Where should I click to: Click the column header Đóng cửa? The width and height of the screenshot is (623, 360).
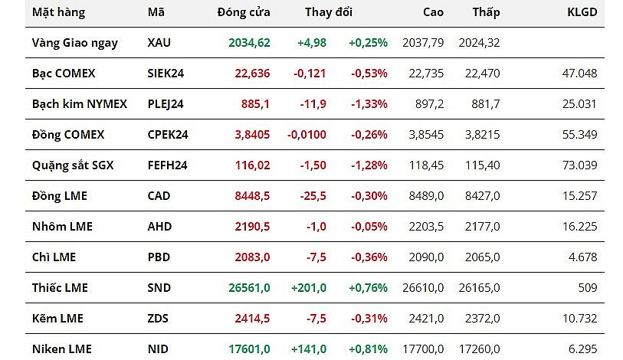coord(243,12)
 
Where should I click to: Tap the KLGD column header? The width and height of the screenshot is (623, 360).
coord(582,12)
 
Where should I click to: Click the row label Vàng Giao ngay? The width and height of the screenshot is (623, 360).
coord(75,43)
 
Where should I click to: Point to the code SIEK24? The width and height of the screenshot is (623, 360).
coord(166,74)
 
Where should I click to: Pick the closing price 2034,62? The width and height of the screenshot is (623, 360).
coord(249,43)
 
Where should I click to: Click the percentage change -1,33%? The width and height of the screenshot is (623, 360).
coord(369,104)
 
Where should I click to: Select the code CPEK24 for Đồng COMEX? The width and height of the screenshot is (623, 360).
coord(168,135)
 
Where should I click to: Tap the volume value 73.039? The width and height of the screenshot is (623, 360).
coord(580,165)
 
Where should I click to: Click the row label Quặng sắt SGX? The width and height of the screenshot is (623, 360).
coord(73,165)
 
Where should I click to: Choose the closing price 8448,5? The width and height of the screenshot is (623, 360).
coord(252,196)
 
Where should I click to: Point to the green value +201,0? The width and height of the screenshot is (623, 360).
coord(309,288)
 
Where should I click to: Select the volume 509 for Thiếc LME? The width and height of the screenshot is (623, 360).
coord(587,288)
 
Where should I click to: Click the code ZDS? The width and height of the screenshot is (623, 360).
coord(159,319)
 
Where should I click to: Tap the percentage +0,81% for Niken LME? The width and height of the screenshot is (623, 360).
coord(368,349)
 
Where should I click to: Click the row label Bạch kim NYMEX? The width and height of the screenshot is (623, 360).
coord(80,104)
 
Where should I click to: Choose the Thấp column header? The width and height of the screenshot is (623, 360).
coord(486,12)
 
